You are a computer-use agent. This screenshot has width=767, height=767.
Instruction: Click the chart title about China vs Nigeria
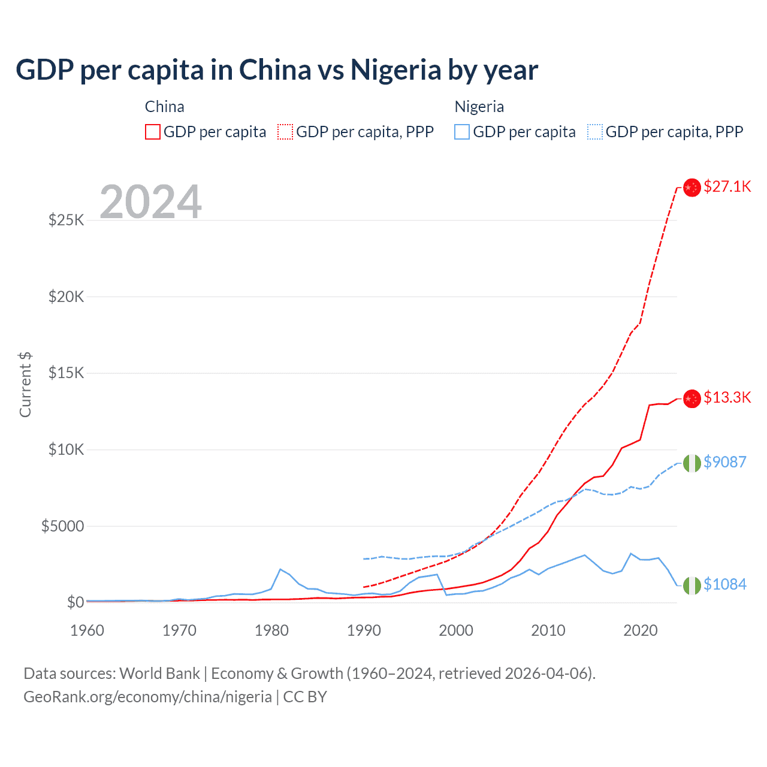click(x=277, y=70)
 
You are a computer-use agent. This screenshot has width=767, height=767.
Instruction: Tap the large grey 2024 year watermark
click(x=150, y=202)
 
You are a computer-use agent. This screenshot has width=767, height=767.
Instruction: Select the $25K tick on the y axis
click(x=67, y=220)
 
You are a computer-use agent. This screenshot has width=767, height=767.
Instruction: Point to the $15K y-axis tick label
click(x=67, y=373)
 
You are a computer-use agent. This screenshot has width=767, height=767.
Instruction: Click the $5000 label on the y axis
click(x=62, y=526)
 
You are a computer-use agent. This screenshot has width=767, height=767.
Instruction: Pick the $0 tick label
click(x=75, y=602)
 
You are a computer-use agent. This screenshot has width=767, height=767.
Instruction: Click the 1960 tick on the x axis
click(x=87, y=630)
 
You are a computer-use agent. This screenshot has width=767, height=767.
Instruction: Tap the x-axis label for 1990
click(x=364, y=630)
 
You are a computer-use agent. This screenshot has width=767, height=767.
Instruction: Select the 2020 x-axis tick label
click(x=641, y=630)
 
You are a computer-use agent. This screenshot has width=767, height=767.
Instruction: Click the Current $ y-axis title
click(x=25, y=385)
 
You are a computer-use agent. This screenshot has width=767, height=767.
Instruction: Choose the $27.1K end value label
click(x=727, y=186)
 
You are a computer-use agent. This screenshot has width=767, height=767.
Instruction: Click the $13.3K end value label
click(x=727, y=397)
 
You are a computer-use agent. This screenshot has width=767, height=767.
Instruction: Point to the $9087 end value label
click(x=724, y=462)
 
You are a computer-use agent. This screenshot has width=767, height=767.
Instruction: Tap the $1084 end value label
click(x=724, y=584)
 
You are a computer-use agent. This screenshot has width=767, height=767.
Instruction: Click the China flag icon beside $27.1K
click(x=692, y=188)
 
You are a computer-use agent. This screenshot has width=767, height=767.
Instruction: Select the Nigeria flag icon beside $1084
click(x=692, y=585)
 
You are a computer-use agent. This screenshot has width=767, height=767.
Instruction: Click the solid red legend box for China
click(x=153, y=132)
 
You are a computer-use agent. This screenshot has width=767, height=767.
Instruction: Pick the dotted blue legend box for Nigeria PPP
click(x=595, y=132)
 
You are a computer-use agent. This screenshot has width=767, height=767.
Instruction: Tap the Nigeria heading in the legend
click(x=479, y=107)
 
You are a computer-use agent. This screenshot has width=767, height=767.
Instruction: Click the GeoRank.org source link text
click(x=147, y=697)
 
